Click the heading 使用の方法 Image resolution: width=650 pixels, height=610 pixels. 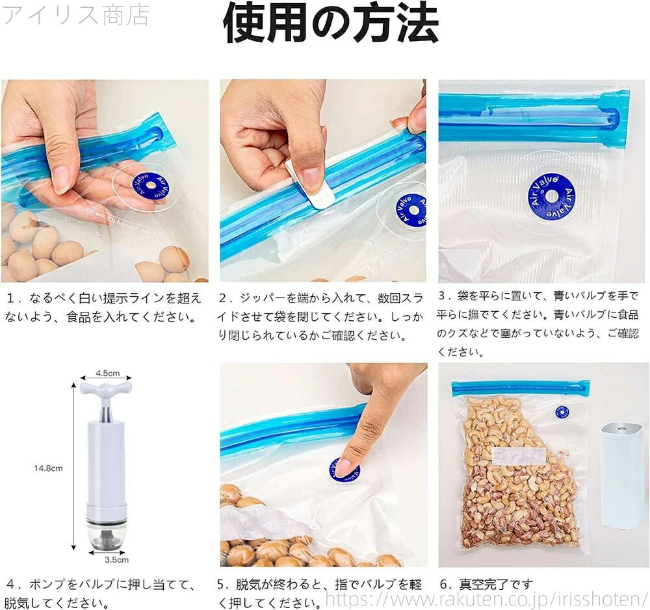(330, 23)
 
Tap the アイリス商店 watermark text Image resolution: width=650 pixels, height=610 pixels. (76, 16)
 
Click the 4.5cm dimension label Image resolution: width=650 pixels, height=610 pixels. (108, 373)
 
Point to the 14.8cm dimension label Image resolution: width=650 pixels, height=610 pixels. (48, 468)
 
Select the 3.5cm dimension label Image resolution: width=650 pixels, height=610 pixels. (116, 559)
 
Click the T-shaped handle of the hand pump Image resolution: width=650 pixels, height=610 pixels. (106, 390)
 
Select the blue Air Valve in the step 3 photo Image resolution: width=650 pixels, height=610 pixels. (551, 197)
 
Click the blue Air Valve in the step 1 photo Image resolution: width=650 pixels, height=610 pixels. (151, 186)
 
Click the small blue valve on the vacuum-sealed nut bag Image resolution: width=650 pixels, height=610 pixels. (562, 412)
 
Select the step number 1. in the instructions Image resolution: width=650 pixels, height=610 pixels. (14, 298)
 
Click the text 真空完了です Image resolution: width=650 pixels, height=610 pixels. (496, 584)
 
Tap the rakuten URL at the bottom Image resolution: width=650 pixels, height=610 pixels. (486, 599)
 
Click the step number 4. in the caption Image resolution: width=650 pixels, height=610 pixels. (15, 585)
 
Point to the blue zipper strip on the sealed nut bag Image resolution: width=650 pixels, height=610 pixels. (521, 388)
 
